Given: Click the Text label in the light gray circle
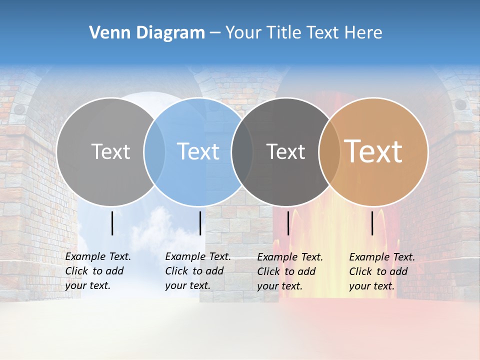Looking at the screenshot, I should [110, 151].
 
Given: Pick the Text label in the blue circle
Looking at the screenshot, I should [198, 151].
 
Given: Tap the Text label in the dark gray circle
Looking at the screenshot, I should [285, 151].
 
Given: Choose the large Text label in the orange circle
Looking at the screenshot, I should [373, 151].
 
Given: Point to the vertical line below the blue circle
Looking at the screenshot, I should [200, 223].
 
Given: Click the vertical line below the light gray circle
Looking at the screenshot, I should [112, 223].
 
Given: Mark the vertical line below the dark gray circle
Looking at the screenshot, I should [288, 223].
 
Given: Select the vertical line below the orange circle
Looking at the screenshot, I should [372, 223].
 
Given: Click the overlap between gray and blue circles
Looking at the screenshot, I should [154, 151].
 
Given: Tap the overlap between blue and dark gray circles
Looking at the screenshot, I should [242, 151].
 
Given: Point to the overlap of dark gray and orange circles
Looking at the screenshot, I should [329, 151].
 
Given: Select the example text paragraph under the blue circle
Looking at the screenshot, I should [198, 271].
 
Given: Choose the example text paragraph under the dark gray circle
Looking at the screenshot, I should [290, 271].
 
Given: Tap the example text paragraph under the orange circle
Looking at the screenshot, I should [382, 271].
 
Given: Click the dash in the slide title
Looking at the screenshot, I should [215, 33].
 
